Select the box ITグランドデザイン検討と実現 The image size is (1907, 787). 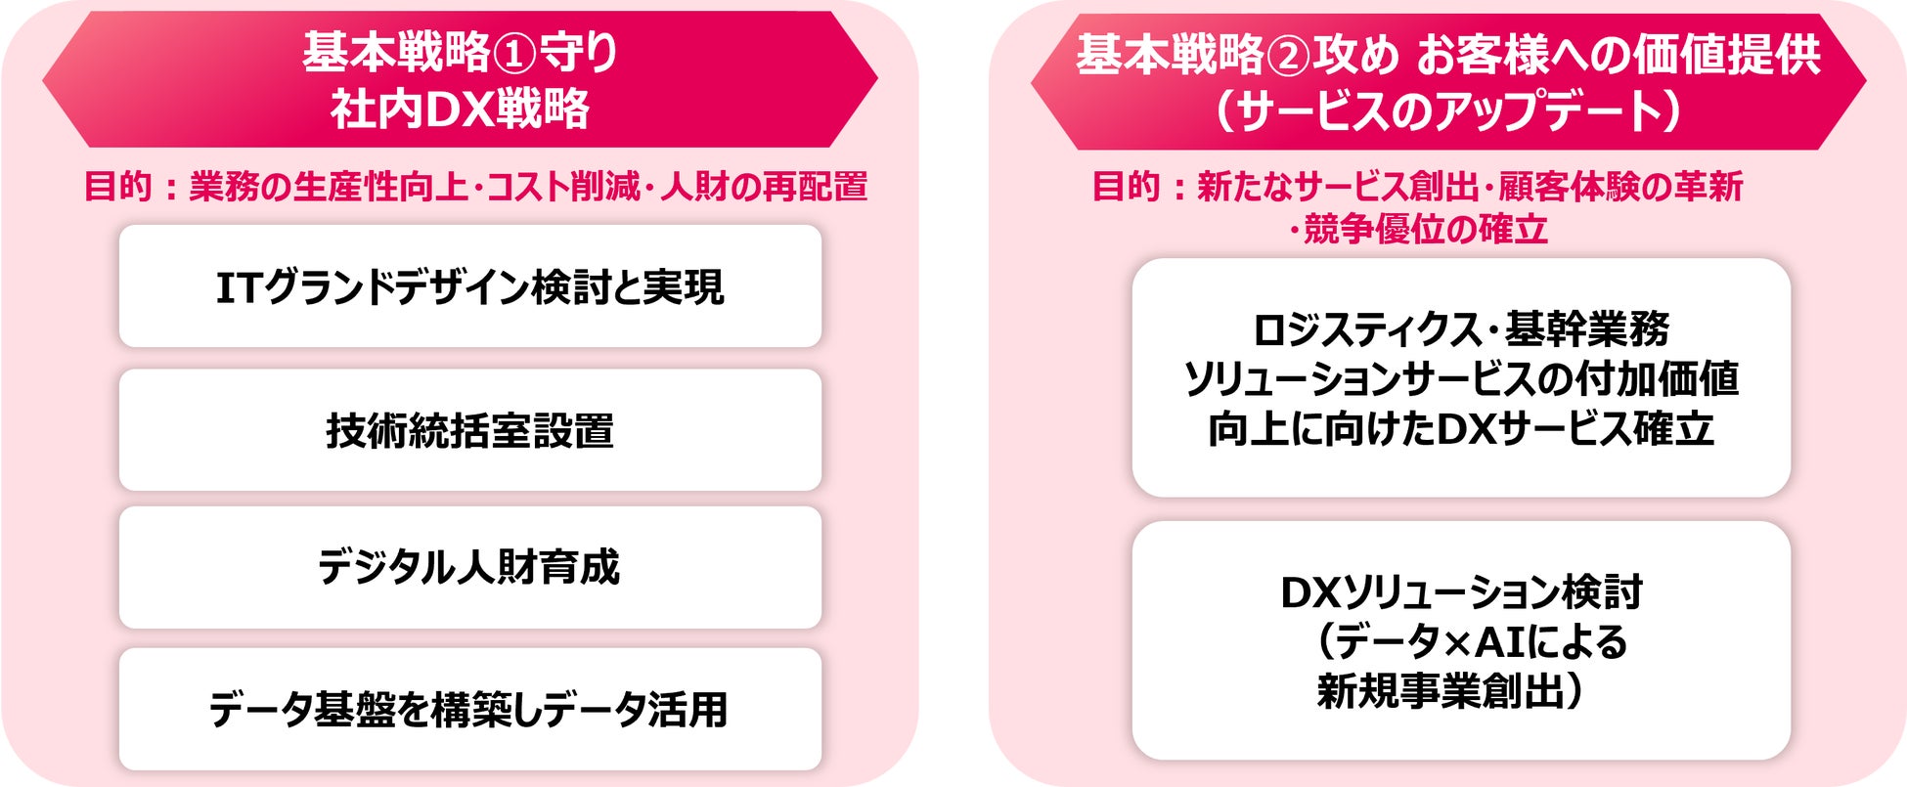[469, 286]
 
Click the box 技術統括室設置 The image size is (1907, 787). [469, 430]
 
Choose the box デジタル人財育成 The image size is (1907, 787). [469, 567]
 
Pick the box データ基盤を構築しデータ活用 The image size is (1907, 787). [469, 710]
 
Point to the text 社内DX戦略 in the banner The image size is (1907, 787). [460, 109]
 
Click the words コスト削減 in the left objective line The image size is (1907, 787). [562, 186]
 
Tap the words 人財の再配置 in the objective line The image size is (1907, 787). [763, 186]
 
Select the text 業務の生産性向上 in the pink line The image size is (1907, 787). [329, 186]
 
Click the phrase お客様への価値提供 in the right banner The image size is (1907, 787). [1618, 55]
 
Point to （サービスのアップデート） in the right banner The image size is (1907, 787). [1448, 110]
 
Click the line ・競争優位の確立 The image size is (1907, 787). [1418, 229]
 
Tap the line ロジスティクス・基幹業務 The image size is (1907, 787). [1461, 329]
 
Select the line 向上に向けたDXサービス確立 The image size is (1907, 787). [1461, 429]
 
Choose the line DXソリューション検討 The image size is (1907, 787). [1461, 592]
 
